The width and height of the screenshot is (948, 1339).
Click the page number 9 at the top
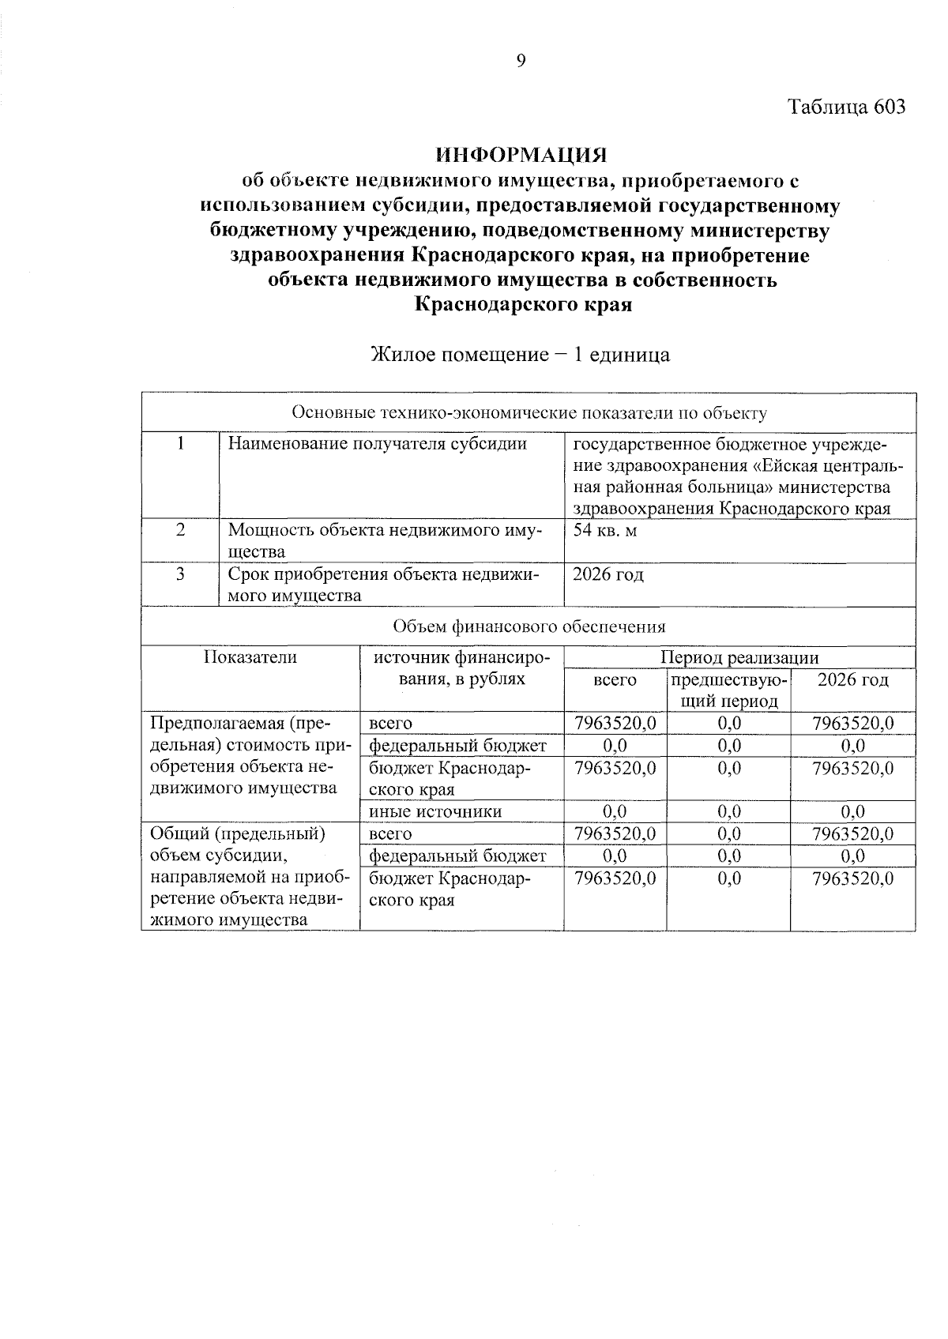521,61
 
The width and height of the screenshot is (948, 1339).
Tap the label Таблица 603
846,107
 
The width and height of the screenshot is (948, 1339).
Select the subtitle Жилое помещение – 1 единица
521,355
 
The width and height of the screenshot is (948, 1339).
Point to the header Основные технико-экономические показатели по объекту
529,412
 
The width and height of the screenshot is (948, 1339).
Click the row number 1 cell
180,444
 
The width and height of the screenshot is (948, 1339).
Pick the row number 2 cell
180,530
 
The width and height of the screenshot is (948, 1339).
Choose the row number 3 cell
180,574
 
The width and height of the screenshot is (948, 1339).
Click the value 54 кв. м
604,530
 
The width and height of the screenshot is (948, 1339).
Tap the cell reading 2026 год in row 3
608,574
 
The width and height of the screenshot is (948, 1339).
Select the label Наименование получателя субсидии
378,444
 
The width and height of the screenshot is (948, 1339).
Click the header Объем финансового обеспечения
529,626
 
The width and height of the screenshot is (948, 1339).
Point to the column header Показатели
250,657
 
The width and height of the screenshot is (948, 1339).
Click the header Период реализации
739,657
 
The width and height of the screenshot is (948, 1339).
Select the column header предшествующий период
728,690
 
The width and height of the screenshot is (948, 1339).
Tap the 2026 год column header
852,680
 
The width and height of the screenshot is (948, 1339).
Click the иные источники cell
435,811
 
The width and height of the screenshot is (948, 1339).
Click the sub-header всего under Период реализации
615,680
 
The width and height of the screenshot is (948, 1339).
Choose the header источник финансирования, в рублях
461,668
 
